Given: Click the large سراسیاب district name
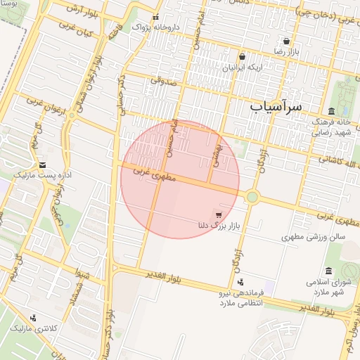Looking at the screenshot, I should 275,106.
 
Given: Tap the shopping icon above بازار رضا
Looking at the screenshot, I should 286,41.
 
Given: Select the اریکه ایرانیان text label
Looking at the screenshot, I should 241,68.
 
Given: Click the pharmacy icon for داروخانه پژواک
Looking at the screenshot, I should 155,18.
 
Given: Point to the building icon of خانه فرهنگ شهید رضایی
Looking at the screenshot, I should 330,110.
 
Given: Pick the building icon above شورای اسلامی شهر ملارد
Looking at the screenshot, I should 328,271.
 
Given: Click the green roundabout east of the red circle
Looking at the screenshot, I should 252,197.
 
